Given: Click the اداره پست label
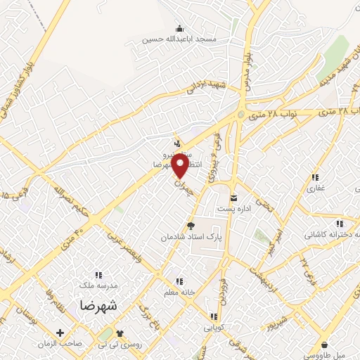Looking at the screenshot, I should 233,209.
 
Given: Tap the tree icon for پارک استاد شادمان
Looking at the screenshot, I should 189,226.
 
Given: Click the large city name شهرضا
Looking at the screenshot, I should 98,306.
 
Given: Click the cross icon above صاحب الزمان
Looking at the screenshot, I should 60,333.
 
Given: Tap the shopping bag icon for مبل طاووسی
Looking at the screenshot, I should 324,345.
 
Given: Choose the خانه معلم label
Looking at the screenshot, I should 179,292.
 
